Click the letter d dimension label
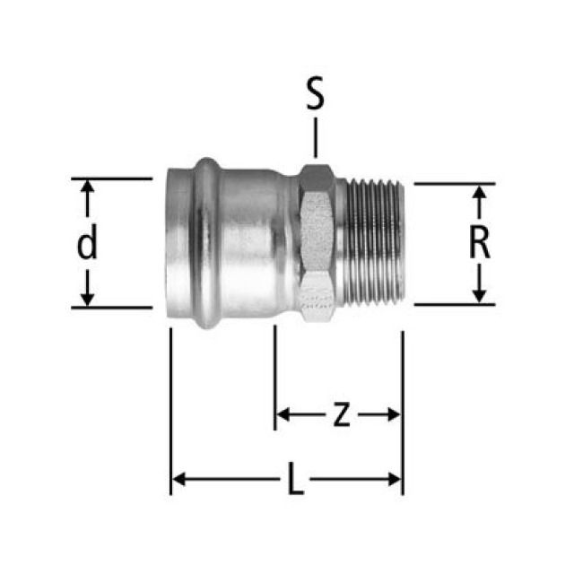(x=87, y=243)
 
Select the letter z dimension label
(x=340, y=414)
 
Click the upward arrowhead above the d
(x=87, y=187)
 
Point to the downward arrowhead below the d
(x=87, y=298)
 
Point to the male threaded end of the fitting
(x=375, y=243)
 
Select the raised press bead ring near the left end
(x=205, y=243)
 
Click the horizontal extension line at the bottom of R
(x=454, y=305)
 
